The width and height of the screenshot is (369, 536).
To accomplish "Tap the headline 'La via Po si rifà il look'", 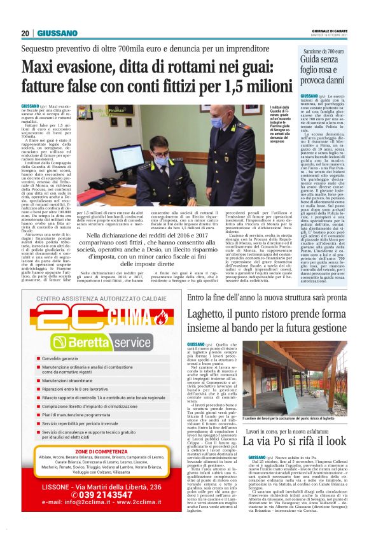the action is pyautogui.click(x=305, y=441).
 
